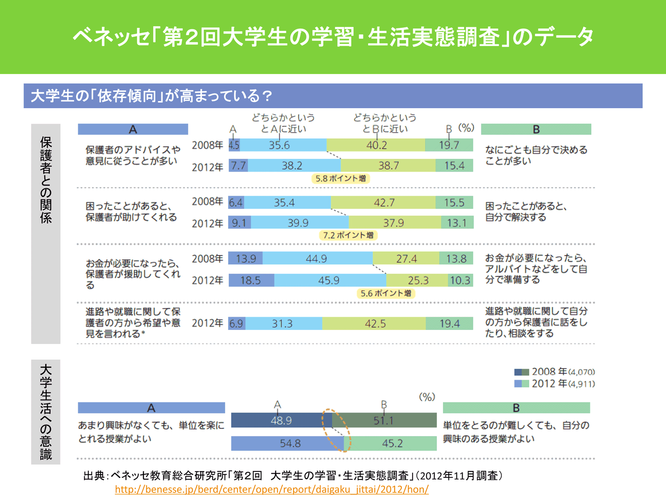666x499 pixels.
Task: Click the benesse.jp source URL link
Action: click(x=271, y=489)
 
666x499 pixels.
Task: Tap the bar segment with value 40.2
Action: click(x=376, y=145)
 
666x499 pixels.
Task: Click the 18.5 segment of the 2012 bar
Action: click(x=251, y=280)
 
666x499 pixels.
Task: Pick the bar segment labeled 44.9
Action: click(x=317, y=258)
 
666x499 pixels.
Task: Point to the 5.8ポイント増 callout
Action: click(x=341, y=179)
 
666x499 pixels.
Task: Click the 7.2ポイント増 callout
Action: click(x=348, y=235)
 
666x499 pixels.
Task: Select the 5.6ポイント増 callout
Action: click(x=385, y=293)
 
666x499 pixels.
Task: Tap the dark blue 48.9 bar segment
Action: click(x=281, y=420)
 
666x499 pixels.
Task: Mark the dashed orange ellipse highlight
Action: click(x=336, y=430)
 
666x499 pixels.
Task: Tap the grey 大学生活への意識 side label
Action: click(x=46, y=412)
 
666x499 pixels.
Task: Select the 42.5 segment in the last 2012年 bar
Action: click(x=374, y=323)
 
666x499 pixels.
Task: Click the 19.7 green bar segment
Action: click(x=449, y=145)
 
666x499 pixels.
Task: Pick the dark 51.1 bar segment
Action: click(x=384, y=420)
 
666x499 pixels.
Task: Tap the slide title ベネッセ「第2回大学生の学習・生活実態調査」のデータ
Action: click(x=333, y=36)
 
